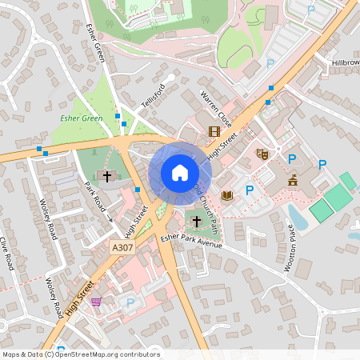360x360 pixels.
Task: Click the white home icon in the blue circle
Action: click(x=180, y=172)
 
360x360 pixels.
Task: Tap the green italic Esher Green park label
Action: click(x=81, y=118)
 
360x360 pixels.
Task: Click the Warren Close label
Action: click(x=215, y=110)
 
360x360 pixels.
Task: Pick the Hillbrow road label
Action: click(x=346, y=62)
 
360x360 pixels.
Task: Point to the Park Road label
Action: click(x=95, y=197)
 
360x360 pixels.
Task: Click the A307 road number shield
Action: click(x=122, y=249)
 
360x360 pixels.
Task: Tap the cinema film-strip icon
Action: click(x=214, y=131)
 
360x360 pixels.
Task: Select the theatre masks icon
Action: click(x=262, y=154)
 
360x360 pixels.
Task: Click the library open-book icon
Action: click(x=227, y=195)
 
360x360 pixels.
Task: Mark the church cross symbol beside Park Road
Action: click(x=106, y=175)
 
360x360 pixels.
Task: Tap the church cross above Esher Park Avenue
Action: click(x=197, y=220)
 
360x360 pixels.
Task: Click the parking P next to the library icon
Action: click(x=250, y=190)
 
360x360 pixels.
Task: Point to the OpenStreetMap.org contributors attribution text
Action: click(x=107, y=354)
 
